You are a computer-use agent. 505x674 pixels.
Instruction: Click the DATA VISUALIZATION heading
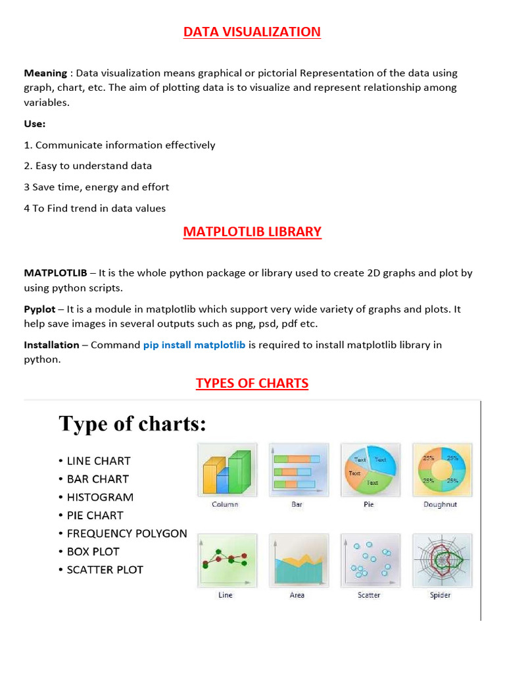tap(252, 32)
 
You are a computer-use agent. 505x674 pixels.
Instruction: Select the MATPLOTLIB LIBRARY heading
tap(252, 232)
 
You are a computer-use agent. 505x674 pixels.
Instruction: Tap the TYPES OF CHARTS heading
tap(252, 383)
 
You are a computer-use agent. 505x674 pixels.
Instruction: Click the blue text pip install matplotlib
tap(194, 345)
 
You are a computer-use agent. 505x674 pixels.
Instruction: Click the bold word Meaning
tap(45, 73)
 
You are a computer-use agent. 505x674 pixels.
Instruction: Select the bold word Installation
tap(51, 345)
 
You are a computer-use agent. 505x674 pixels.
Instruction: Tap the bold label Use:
tap(35, 124)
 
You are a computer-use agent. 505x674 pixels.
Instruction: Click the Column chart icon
tap(226, 470)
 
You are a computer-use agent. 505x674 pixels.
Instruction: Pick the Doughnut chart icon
tap(441, 470)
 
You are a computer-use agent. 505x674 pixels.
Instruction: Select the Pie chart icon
tap(369, 470)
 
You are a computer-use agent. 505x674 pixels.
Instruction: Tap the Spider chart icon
tap(441, 561)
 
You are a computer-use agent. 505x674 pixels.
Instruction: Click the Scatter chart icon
tap(369, 561)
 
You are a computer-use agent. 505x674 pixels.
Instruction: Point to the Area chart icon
tap(297, 561)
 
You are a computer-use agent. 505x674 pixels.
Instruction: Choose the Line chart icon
tap(226, 561)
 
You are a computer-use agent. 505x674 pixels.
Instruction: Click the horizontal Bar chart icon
tap(297, 470)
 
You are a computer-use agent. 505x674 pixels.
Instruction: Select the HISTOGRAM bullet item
tap(100, 498)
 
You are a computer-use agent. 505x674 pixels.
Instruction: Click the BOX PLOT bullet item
tap(93, 552)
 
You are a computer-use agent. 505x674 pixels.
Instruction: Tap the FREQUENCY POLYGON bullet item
tap(127, 534)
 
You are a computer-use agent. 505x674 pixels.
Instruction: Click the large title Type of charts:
tap(132, 424)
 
